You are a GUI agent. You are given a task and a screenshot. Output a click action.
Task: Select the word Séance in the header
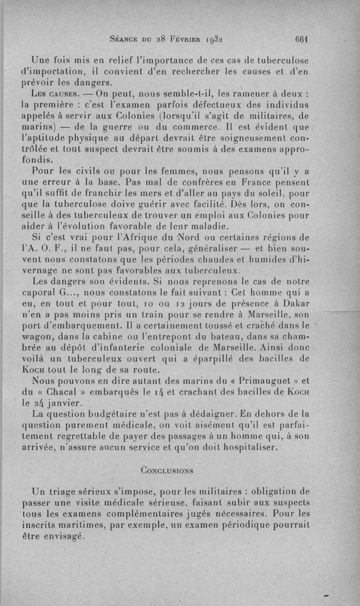click(125, 39)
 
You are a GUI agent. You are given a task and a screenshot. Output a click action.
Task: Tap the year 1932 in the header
click(212, 39)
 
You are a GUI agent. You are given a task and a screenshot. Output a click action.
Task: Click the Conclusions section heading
click(167, 471)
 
